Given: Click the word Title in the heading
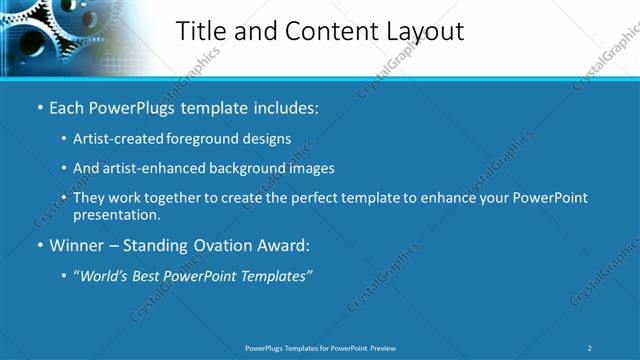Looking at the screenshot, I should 201,31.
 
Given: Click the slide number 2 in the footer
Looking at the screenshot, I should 590,348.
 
